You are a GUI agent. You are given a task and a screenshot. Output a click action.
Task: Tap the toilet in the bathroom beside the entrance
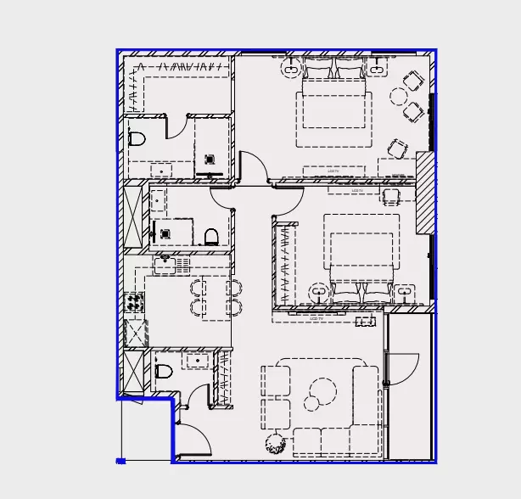point(164,371)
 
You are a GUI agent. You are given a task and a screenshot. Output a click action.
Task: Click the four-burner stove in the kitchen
point(134,300)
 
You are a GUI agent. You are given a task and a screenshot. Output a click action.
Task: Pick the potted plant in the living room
point(275,442)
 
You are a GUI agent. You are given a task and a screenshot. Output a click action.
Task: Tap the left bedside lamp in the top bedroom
point(290,65)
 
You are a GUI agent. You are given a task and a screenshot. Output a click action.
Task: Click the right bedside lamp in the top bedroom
point(378,65)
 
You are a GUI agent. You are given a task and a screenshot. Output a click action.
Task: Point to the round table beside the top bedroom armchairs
point(398,96)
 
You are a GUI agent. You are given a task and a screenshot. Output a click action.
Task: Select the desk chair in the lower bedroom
point(390,197)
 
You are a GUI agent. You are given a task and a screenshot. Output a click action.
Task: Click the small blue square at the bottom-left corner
point(120,461)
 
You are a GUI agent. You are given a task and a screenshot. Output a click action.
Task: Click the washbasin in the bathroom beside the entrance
point(199,362)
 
